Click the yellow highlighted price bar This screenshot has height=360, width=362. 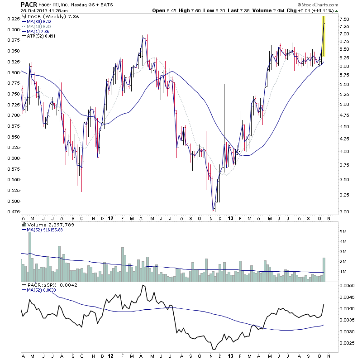[x=324, y=36]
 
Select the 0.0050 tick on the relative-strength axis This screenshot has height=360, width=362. [x=348, y=286]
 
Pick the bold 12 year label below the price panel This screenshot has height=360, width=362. [x=111, y=218]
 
